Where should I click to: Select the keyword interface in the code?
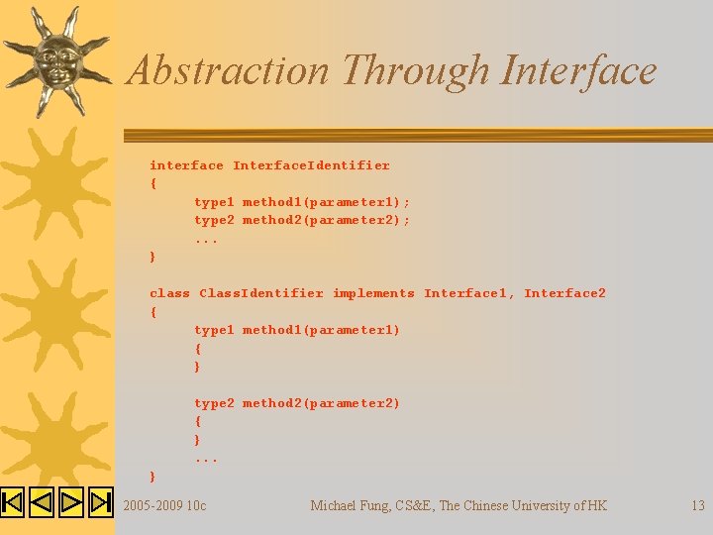tap(186, 165)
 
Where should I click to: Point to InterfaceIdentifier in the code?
tap(311, 165)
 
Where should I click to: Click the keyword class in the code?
tap(169, 293)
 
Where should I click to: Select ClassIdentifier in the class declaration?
tap(261, 293)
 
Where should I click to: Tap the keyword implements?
tap(373, 293)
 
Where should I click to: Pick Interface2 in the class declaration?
tap(564, 293)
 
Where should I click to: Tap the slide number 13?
tap(697, 506)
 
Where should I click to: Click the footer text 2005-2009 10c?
tap(164, 506)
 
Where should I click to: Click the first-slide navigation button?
tap(12, 502)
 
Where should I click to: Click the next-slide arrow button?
tap(71, 502)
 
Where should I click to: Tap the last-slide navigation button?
tap(101, 502)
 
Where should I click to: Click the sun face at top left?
tap(54, 59)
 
